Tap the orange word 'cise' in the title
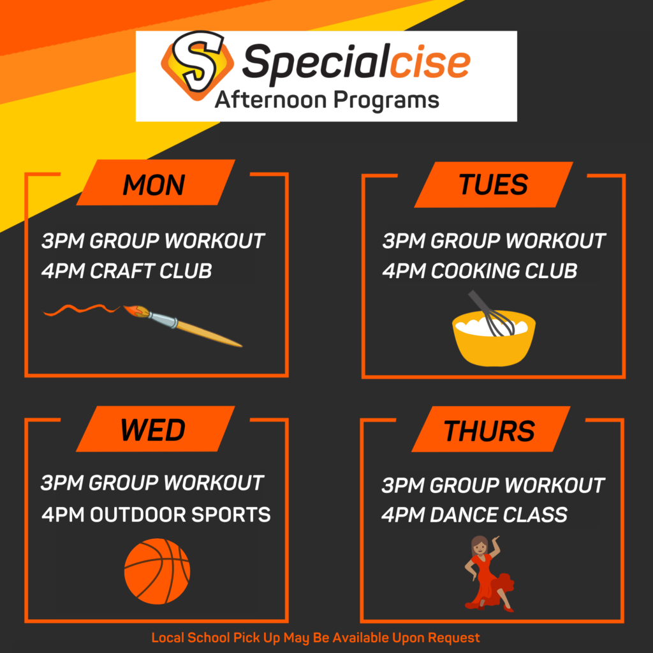[x=429, y=63]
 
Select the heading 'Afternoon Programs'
[x=327, y=100]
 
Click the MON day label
[x=154, y=185]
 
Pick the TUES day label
[x=494, y=184]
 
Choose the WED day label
[x=153, y=430]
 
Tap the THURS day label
[x=489, y=430]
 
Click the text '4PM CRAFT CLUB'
[x=127, y=271]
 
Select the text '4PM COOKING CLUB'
[x=480, y=271]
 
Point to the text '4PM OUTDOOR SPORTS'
[x=156, y=515]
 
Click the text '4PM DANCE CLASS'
[x=474, y=515]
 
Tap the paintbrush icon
[x=182, y=326]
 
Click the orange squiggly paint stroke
[x=82, y=310]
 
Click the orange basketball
[x=157, y=571]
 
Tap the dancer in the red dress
[x=488, y=574]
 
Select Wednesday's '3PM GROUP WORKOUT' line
[x=152, y=483]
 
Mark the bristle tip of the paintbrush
[x=124, y=307]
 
